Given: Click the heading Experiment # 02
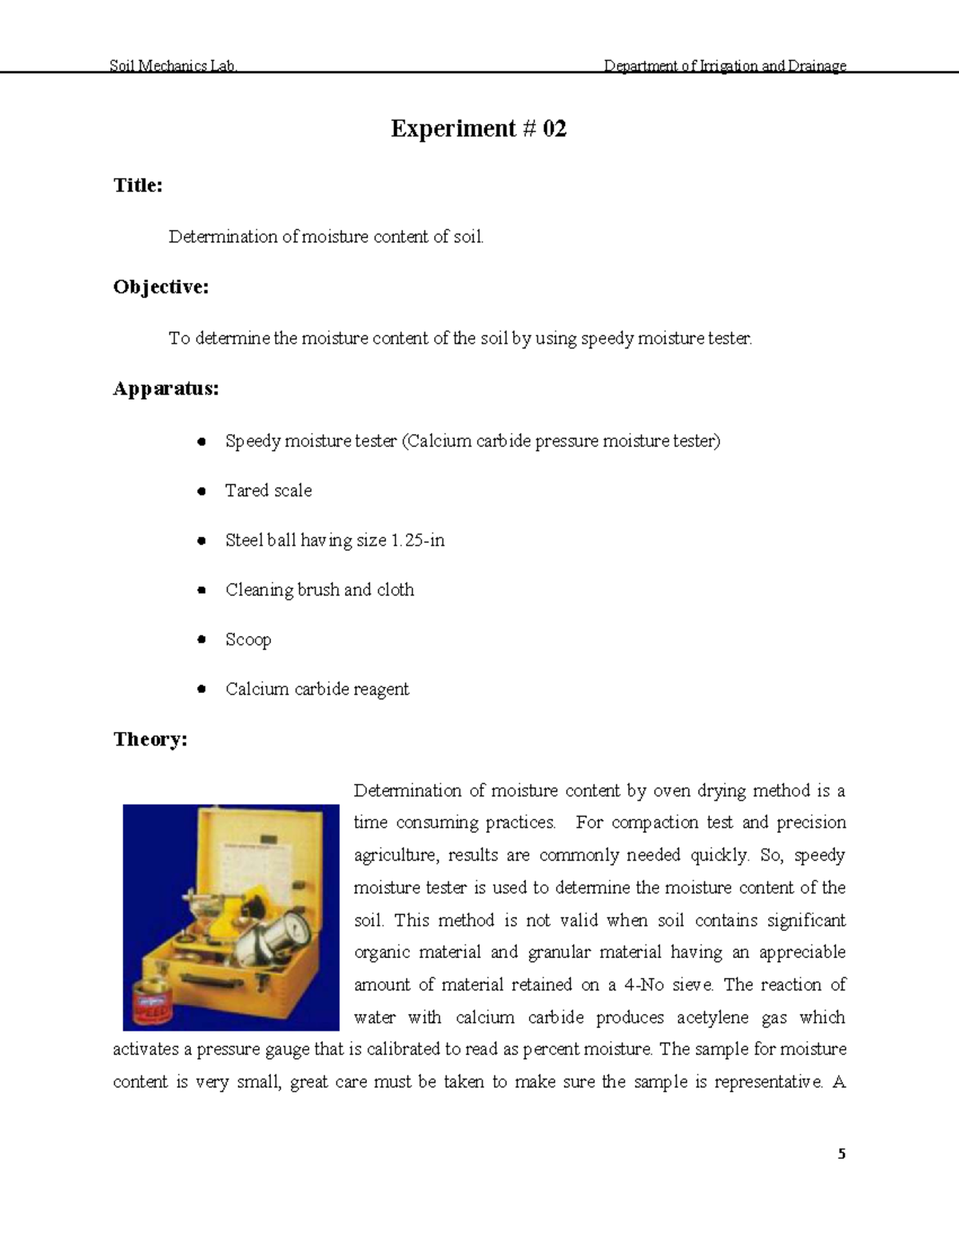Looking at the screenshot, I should point(478,129).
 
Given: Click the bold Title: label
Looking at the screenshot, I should point(138,185).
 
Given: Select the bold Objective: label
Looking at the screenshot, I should point(161,287).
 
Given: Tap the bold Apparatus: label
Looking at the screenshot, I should point(165,389).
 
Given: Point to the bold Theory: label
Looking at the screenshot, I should point(150,739).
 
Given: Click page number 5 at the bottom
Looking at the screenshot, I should point(842,1154).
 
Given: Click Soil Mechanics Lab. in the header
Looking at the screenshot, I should point(173,66).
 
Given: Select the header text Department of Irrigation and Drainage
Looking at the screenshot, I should point(725,66).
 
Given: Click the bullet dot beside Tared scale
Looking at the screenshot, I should point(202,491).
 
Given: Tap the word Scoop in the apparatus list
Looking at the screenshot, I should point(248,639).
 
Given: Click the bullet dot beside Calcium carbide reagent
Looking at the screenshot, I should point(202,689).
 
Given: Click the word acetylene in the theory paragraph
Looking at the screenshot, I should point(721,1017).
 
